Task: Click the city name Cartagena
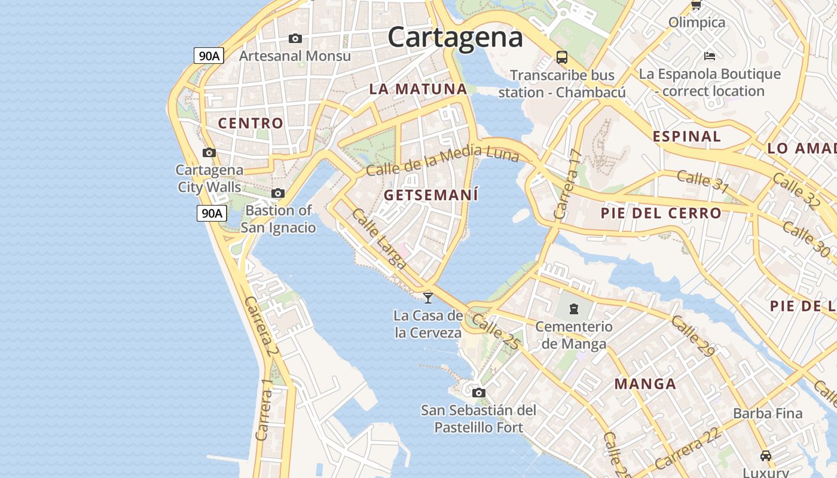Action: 455,37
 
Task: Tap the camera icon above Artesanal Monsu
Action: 295,39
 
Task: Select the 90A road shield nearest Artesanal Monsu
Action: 209,56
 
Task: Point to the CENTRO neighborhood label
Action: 251,124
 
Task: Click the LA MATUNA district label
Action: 418,89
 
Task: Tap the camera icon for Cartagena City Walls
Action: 209,153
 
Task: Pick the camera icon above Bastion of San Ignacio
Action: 278,194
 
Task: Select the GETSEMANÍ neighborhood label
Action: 431,195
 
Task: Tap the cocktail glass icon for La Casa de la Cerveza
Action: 428,298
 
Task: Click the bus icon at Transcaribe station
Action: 561,57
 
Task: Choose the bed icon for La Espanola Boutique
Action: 710,57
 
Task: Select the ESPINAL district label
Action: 686,136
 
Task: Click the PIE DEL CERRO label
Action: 661,213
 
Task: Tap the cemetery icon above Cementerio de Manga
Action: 574,309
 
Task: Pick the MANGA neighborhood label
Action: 645,384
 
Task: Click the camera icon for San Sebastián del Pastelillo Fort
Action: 478,393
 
